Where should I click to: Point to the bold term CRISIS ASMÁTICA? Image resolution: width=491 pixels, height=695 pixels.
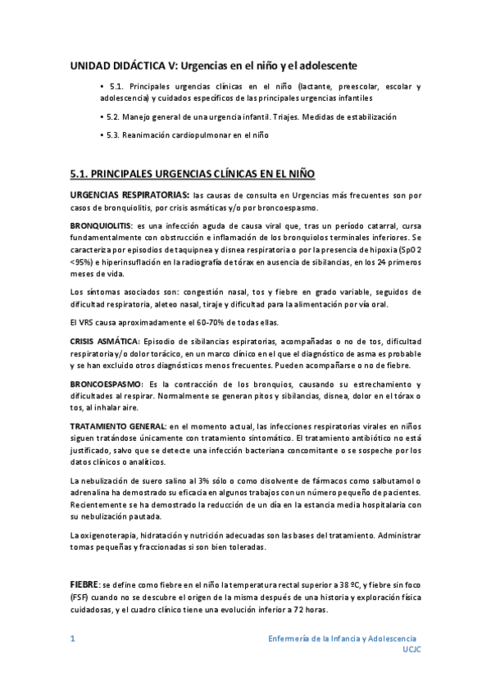click(x=105, y=340)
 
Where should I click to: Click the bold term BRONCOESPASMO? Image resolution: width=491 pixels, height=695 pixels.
click(x=106, y=384)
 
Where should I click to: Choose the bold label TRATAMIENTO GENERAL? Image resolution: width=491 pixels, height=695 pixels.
click(x=118, y=428)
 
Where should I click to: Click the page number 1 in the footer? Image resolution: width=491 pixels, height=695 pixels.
click(x=72, y=638)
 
